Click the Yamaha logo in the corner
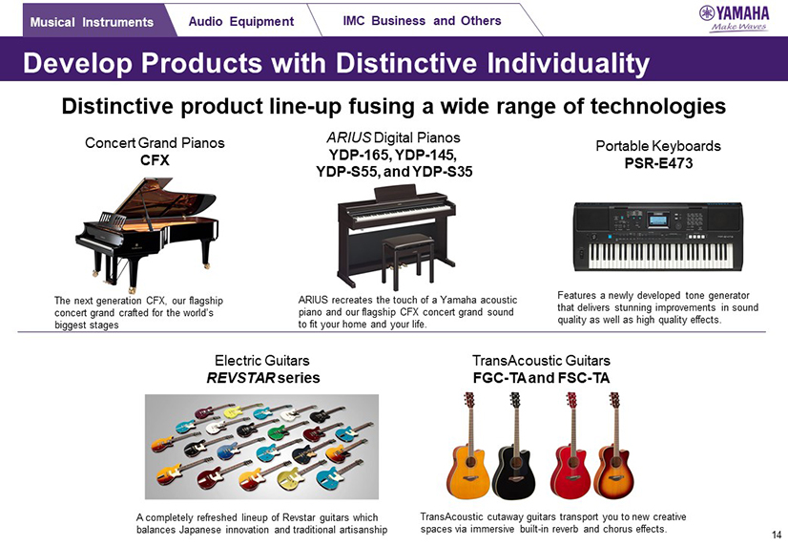735,18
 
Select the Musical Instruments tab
92,22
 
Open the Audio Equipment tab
241,21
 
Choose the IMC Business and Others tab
422,21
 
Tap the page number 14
777,535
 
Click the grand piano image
147,234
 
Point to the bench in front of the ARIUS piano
408,260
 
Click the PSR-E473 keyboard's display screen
658,220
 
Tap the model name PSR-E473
658,163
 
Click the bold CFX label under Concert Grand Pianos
155,159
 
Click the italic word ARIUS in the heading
349,137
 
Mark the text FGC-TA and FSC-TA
541,378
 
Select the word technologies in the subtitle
658,106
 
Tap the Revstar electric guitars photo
261,447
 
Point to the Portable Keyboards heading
658,146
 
